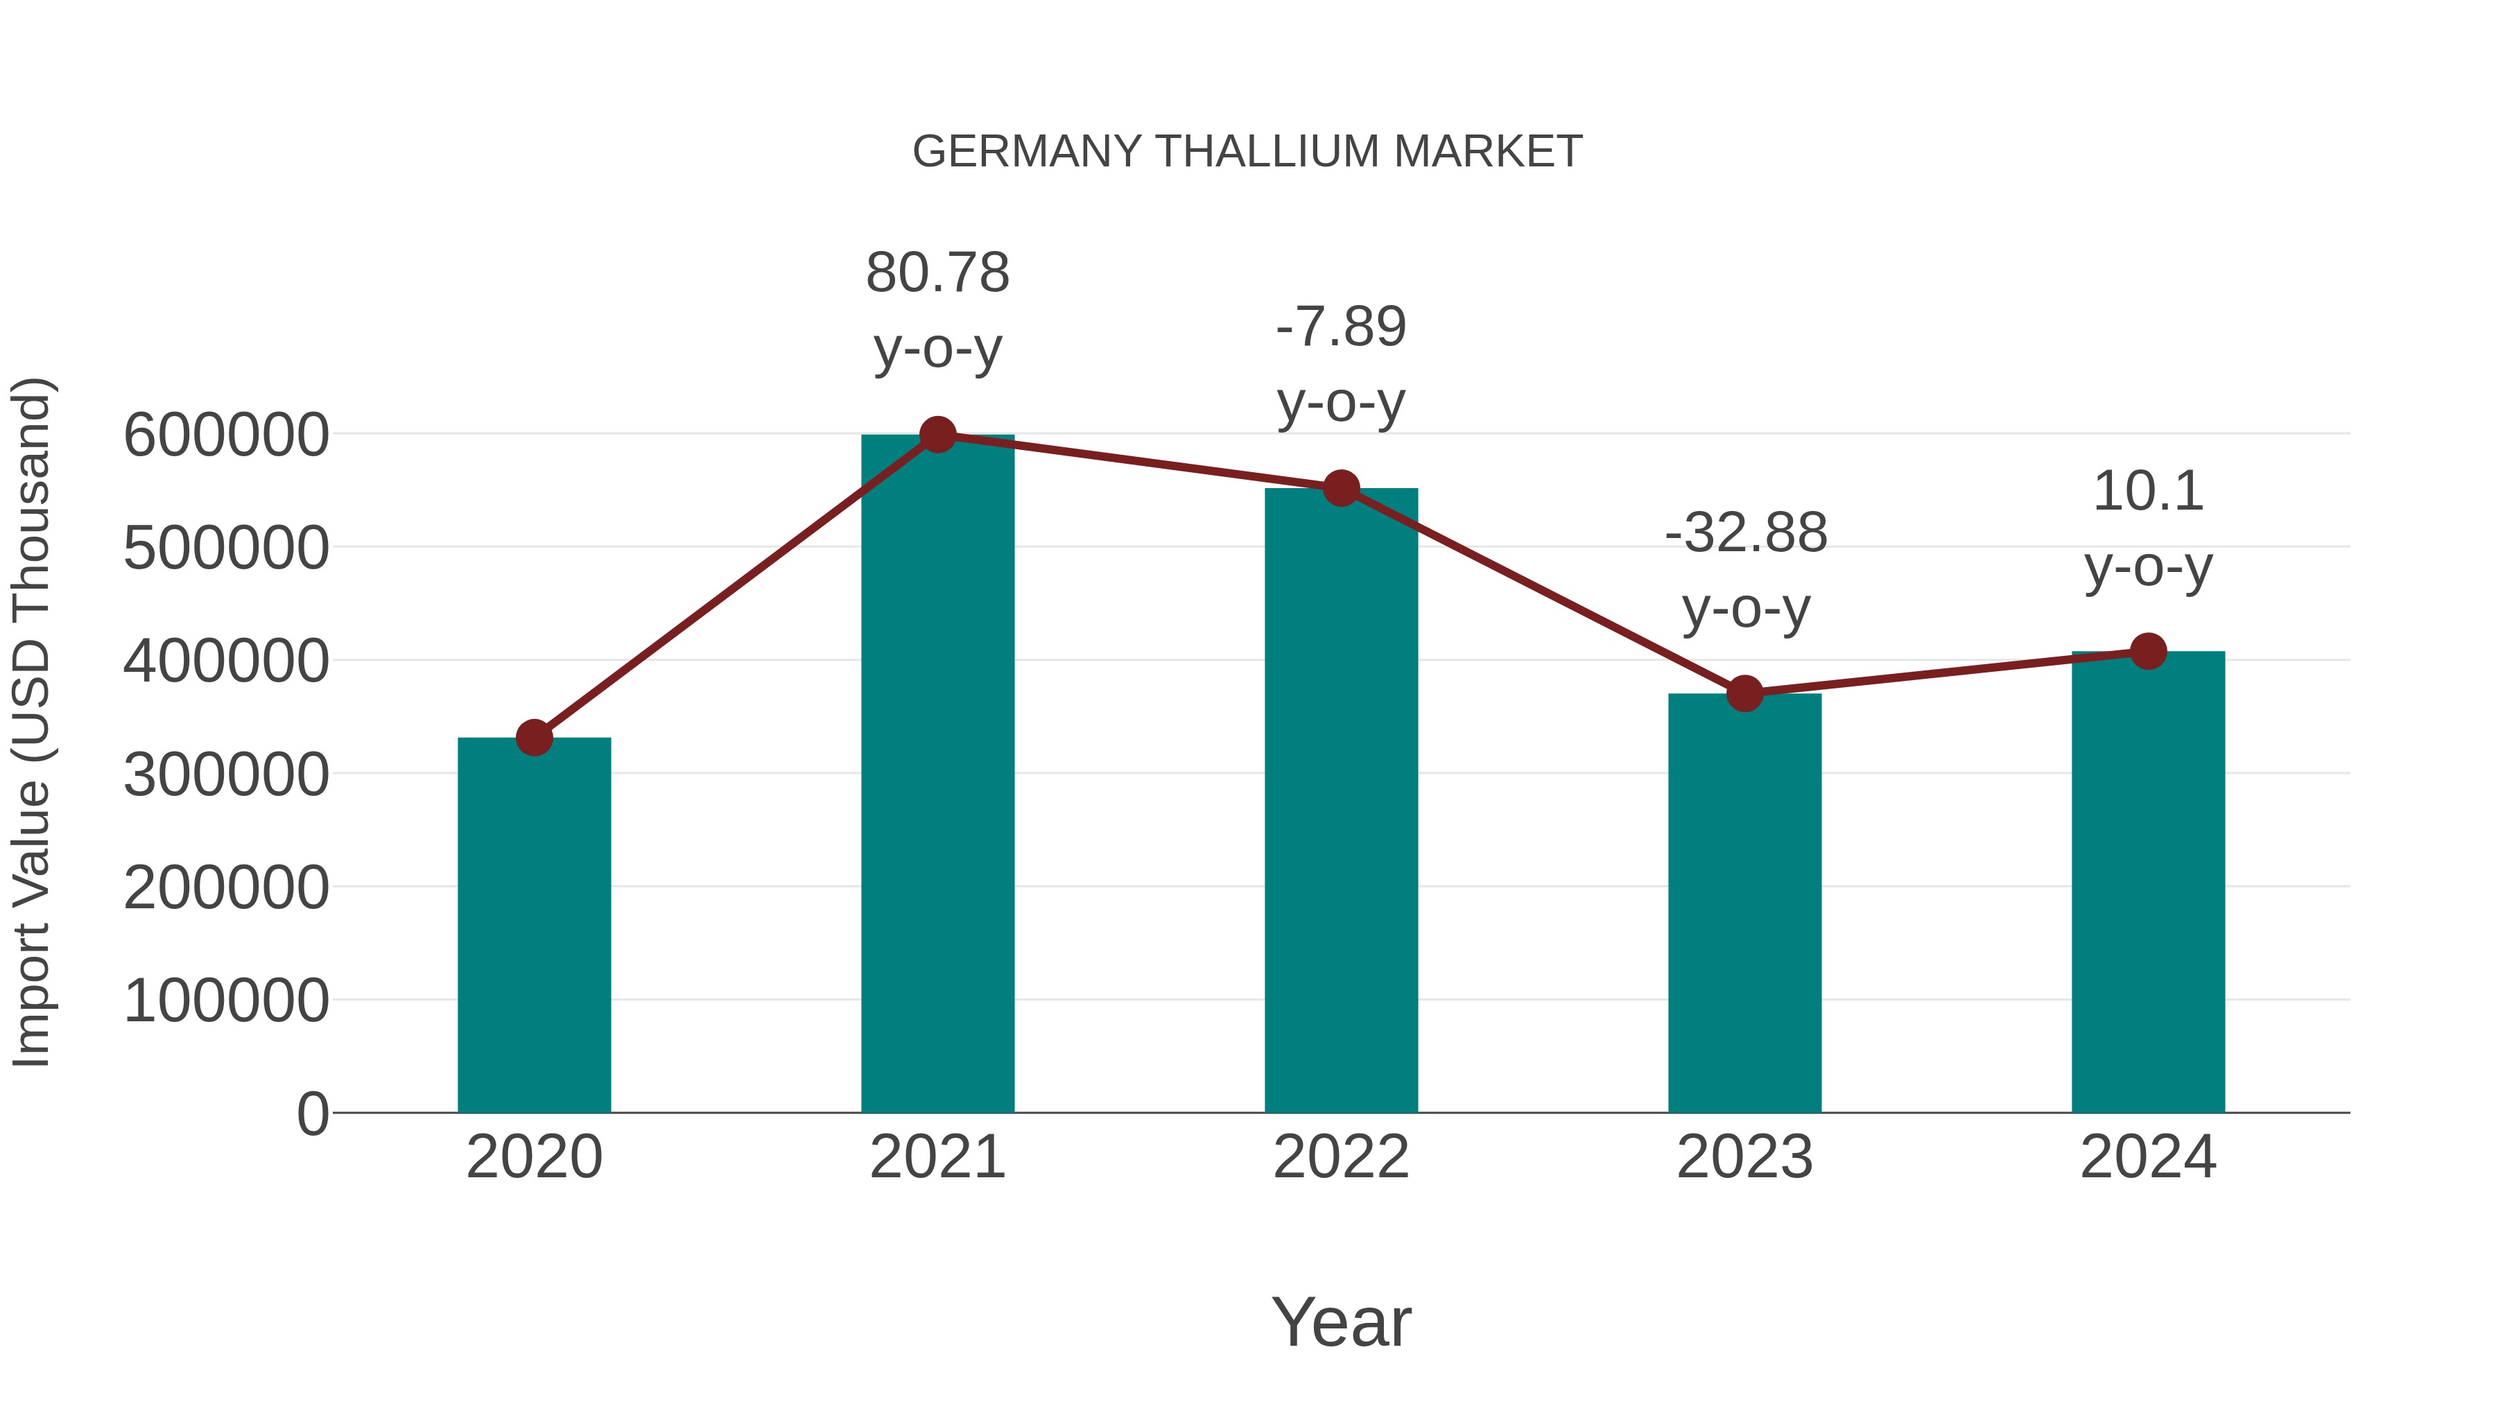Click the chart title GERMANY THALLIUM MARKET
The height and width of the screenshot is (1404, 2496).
click(x=1247, y=152)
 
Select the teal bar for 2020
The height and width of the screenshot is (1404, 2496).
click(x=534, y=926)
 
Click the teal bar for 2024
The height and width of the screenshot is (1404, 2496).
click(x=2148, y=882)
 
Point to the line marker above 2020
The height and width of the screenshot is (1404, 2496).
click(x=534, y=738)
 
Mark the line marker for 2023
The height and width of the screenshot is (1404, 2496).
click(x=1744, y=694)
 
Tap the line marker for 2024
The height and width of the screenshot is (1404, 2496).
click(x=2148, y=651)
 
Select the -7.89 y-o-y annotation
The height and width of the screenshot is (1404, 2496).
click(x=1341, y=363)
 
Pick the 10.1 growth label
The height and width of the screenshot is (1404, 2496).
click(x=2148, y=528)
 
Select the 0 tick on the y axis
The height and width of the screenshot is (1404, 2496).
click(x=312, y=1113)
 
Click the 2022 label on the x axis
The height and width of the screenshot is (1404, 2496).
click(x=1341, y=1157)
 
